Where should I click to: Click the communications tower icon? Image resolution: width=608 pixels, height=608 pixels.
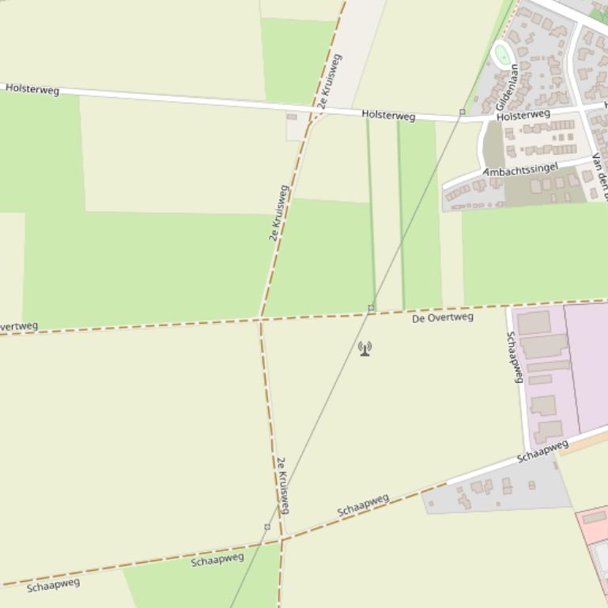tap(364, 347)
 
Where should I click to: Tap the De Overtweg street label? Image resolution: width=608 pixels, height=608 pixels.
tap(443, 317)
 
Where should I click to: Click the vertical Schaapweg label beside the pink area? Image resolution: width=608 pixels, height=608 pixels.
tap(515, 357)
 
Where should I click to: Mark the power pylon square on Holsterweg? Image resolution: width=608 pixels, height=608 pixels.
tap(463, 112)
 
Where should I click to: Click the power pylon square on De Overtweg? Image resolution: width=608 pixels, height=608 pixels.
tap(371, 307)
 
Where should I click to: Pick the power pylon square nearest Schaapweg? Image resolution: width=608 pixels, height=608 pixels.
tap(267, 527)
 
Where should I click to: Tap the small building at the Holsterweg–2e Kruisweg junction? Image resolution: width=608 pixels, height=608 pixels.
tap(292, 117)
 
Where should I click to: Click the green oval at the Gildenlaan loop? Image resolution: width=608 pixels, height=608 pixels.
tap(502, 54)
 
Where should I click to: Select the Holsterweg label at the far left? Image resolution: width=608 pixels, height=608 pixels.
tap(32, 89)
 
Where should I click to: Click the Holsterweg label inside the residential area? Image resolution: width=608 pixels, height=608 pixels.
tap(523, 115)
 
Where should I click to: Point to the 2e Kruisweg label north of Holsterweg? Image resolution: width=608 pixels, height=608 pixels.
tap(329, 81)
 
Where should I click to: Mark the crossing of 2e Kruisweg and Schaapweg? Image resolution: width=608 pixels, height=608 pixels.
tap(281, 539)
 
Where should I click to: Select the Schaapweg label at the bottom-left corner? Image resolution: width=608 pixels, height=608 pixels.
tap(53, 585)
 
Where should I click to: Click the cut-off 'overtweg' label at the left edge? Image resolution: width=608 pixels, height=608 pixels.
tap(17, 327)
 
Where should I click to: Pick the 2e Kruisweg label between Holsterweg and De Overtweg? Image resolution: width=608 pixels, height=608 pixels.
tap(279, 212)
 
